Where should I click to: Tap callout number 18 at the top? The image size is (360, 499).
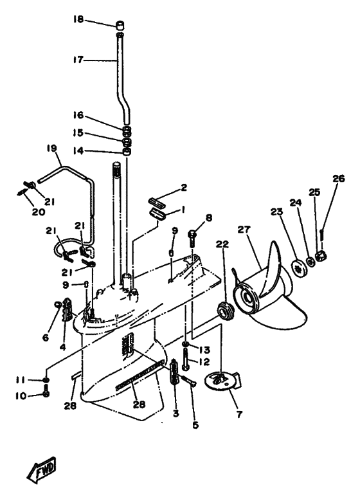[x=78, y=19]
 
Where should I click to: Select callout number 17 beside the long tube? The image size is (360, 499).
[x=78, y=60]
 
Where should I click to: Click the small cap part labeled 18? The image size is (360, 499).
[x=120, y=25]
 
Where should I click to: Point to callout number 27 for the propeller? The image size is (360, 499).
[x=244, y=230]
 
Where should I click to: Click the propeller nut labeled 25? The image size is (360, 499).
[x=322, y=255]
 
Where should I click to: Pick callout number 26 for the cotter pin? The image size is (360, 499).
[x=338, y=179]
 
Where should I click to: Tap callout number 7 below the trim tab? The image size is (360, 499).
[x=240, y=414]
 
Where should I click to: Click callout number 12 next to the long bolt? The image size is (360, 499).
[x=204, y=361]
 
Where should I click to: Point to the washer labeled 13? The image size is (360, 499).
[x=186, y=344]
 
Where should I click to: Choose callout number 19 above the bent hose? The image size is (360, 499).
[x=52, y=149]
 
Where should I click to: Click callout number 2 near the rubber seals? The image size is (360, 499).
[x=184, y=187]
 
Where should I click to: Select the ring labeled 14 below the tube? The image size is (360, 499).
[x=127, y=152]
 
